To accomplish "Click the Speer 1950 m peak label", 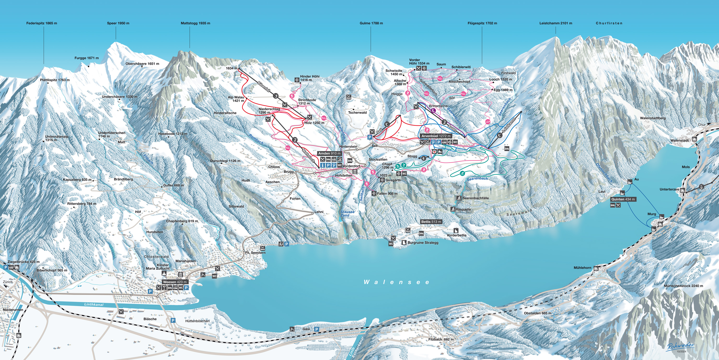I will pyautogui.click(x=118, y=23).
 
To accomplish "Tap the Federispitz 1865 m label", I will pyautogui.click(x=42, y=23).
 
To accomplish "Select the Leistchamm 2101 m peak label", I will pyautogui.click(x=556, y=23).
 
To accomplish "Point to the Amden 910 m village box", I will pyautogui.click(x=329, y=153).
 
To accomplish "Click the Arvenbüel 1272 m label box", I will pyautogui.click(x=436, y=136).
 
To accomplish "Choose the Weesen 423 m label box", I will pyautogui.click(x=175, y=282).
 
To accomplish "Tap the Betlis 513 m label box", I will pyautogui.click(x=431, y=221).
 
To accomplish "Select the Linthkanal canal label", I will pyautogui.click(x=94, y=304).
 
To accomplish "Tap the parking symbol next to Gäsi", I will pyautogui.click(x=317, y=329).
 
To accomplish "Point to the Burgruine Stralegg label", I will pyautogui.click(x=423, y=243).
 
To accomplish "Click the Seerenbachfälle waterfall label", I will pyautogui.click(x=475, y=198).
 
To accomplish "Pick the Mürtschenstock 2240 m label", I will pyautogui.click(x=683, y=286).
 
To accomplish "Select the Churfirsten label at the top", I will pyautogui.click(x=609, y=23).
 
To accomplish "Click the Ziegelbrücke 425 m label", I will pyautogui.click(x=23, y=262).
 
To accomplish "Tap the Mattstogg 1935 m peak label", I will pyautogui.click(x=195, y=23).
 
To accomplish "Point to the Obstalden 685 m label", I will pyautogui.click(x=537, y=313).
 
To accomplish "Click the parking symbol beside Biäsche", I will pyautogui.click(x=173, y=320).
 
